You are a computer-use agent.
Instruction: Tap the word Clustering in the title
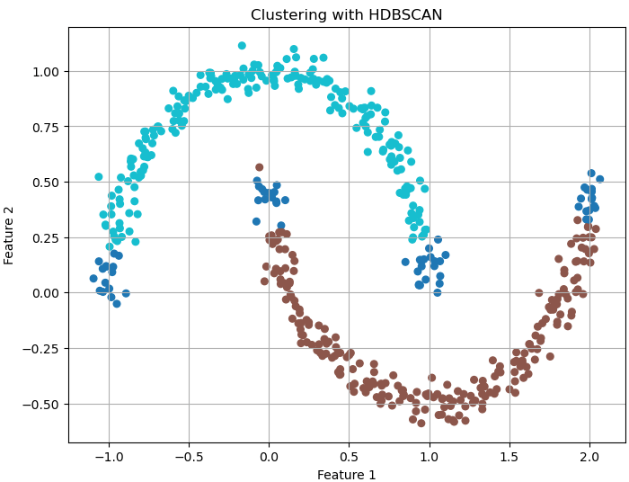point(287,15)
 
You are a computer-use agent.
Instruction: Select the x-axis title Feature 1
point(347,475)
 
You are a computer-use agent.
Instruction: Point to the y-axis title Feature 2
point(10,235)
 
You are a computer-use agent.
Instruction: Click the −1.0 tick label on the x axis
point(109,456)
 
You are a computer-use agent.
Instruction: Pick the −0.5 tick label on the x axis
point(189,456)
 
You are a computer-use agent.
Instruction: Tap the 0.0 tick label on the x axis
point(269,456)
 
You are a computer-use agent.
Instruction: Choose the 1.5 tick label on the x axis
point(509,456)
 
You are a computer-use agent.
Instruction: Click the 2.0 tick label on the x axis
point(589,456)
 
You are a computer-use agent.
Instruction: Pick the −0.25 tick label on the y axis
point(43,349)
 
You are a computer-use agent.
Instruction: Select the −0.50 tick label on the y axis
point(43,405)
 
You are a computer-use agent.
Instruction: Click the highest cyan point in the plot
point(242,46)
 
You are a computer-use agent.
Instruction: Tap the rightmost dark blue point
point(599,179)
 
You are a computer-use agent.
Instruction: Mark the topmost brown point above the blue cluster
point(259,167)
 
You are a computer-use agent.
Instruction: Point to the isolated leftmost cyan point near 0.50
point(99,177)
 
